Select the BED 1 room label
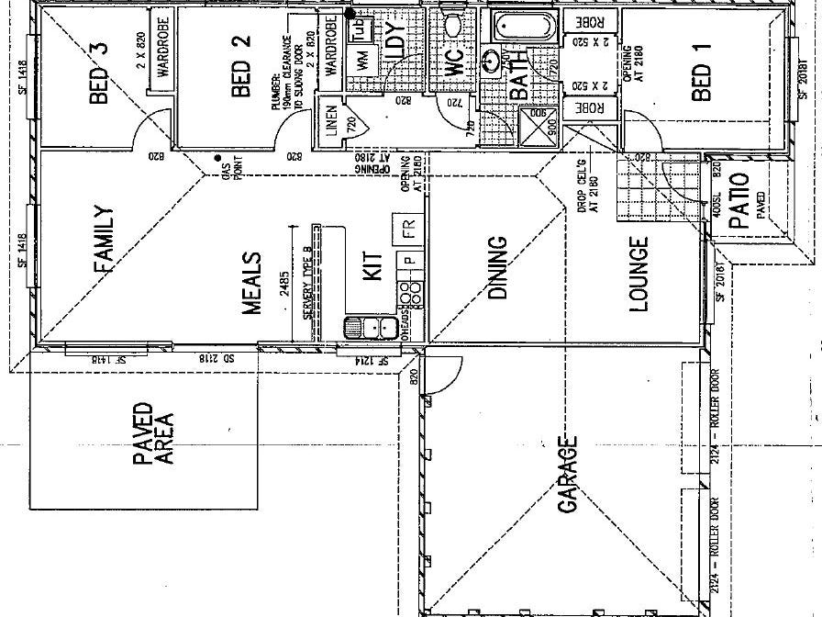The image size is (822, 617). (x=700, y=82)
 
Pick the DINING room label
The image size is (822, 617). (x=495, y=268)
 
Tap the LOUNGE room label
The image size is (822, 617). (x=639, y=273)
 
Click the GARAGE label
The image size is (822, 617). (x=567, y=475)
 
